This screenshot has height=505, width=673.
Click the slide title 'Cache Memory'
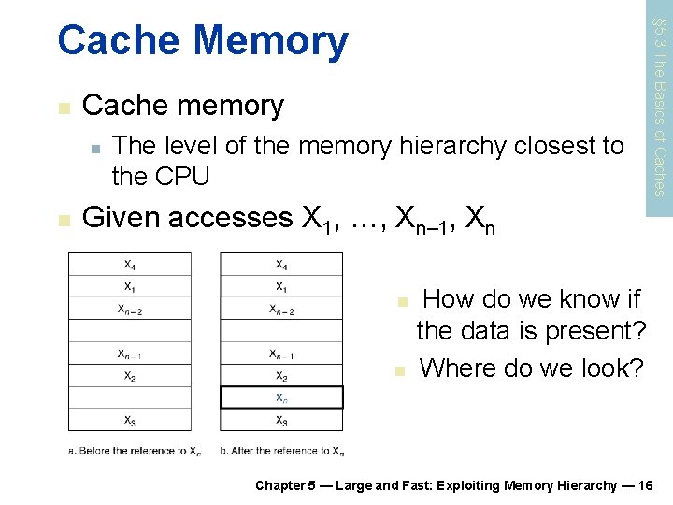(202, 41)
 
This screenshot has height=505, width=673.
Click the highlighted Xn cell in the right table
(281, 397)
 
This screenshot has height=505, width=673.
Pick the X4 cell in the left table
(130, 264)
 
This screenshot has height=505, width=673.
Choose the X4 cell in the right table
(281, 264)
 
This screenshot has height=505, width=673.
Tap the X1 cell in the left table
(130, 286)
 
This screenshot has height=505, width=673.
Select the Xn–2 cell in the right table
(281, 309)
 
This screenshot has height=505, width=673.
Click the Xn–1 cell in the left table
(130, 353)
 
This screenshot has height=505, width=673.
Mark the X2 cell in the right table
(281, 376)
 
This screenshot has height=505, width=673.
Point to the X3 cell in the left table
(130, 420)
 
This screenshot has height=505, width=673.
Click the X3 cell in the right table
(281, 420)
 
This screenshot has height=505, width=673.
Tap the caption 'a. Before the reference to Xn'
(135, 451)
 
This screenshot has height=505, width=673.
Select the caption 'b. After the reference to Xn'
(282, 451)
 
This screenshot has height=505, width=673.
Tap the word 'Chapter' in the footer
(279, 484)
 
